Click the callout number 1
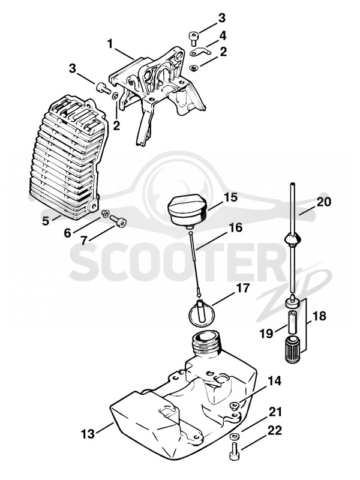coord(110,44)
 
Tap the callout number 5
coord(46,221)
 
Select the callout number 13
coord(88,433)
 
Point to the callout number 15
coord(231,197)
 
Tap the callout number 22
coord(275,431)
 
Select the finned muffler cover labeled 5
coord(67,158)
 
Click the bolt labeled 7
coord(118,221)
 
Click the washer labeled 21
coord(233,436)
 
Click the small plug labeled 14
coord(235,406)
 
